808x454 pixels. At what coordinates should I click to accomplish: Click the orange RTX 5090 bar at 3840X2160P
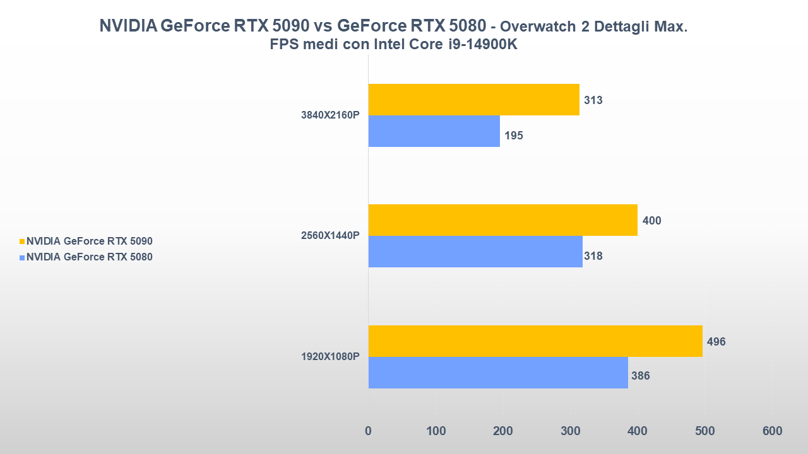coord(473,100)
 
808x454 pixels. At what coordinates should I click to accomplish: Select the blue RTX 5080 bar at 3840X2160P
coord(434,131)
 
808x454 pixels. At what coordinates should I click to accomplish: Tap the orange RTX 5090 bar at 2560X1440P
coord(502,220)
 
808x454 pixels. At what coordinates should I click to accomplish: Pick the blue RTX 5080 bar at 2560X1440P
coord(475,252)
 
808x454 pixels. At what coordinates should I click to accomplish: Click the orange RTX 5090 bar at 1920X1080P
coord(535,341)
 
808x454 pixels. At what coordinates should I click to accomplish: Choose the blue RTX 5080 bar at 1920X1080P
coord(497,373)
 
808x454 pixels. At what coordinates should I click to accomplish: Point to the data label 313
coord(593,100)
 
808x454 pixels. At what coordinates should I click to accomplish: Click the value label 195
coord(514,136)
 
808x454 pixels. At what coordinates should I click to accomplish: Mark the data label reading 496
coord(716,342)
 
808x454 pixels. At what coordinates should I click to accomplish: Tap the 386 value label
coord(640,376)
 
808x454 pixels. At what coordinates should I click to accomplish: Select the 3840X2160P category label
coord(330,115)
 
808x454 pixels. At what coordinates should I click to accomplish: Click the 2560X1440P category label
coord(330,236)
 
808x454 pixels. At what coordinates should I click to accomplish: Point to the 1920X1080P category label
coord(330,357)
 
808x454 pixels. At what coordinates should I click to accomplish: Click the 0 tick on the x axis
coord(368,431)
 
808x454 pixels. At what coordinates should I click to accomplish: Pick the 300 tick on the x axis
coord(570,431)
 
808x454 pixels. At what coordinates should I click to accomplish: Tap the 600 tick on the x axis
coord(772,431)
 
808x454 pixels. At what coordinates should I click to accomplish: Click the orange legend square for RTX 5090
coord(22,241)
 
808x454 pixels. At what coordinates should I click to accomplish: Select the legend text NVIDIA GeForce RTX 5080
coord(90,257)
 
